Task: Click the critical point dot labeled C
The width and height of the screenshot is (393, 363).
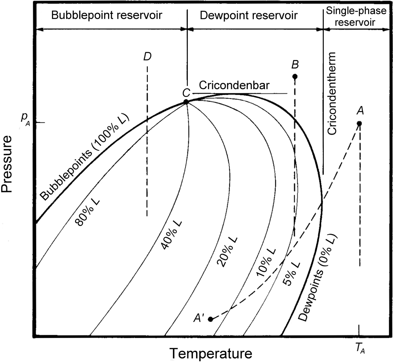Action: point(186,102)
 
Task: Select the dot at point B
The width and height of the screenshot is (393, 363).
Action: point(295,76)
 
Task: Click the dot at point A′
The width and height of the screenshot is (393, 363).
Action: point(211,319)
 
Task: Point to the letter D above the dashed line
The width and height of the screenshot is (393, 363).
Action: point(147,57)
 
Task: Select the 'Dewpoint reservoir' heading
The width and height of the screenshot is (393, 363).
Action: point(248,15)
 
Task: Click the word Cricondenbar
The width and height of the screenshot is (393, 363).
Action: point(233,86)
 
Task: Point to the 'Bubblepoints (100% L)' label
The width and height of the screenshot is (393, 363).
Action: point(83,159)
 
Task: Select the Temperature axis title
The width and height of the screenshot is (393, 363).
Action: point(211,353)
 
